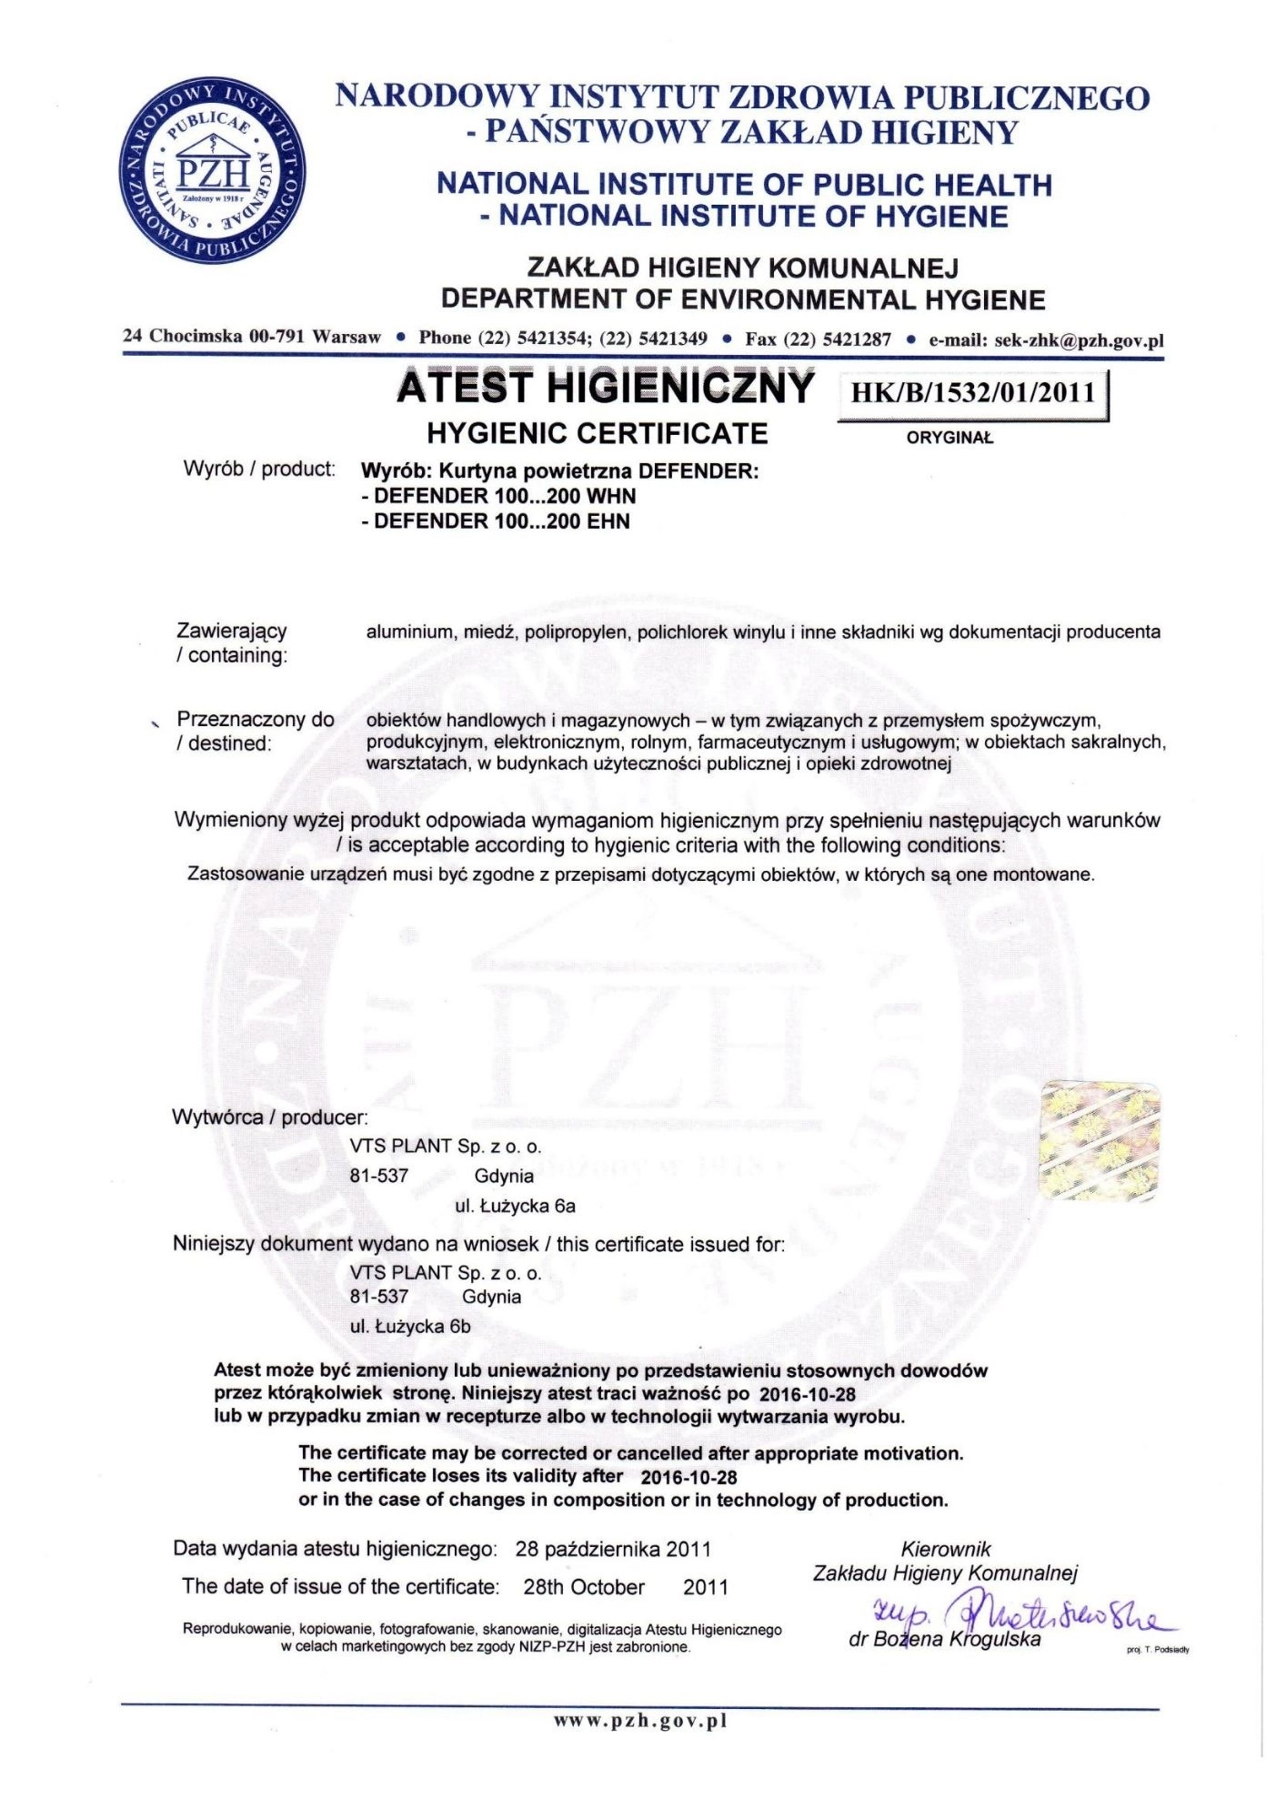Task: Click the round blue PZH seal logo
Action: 213,171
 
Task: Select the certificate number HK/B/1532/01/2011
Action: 972,393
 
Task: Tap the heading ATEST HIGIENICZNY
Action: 605,388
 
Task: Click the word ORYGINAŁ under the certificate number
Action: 949,438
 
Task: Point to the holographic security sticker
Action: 1100,1140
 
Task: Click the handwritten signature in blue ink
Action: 1019,1617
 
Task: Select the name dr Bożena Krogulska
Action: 944,1640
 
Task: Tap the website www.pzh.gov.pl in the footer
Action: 641,1720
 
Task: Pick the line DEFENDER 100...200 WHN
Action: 499,497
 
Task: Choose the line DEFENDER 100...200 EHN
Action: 497,521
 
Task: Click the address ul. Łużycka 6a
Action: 515,1207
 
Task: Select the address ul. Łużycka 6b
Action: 410,1327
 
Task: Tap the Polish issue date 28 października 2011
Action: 613,1549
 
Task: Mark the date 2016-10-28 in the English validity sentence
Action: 688,1477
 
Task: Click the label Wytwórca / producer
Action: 270,1117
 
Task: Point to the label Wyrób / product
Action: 259,470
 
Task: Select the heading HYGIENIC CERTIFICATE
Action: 598,434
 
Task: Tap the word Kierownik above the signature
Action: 945,1549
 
